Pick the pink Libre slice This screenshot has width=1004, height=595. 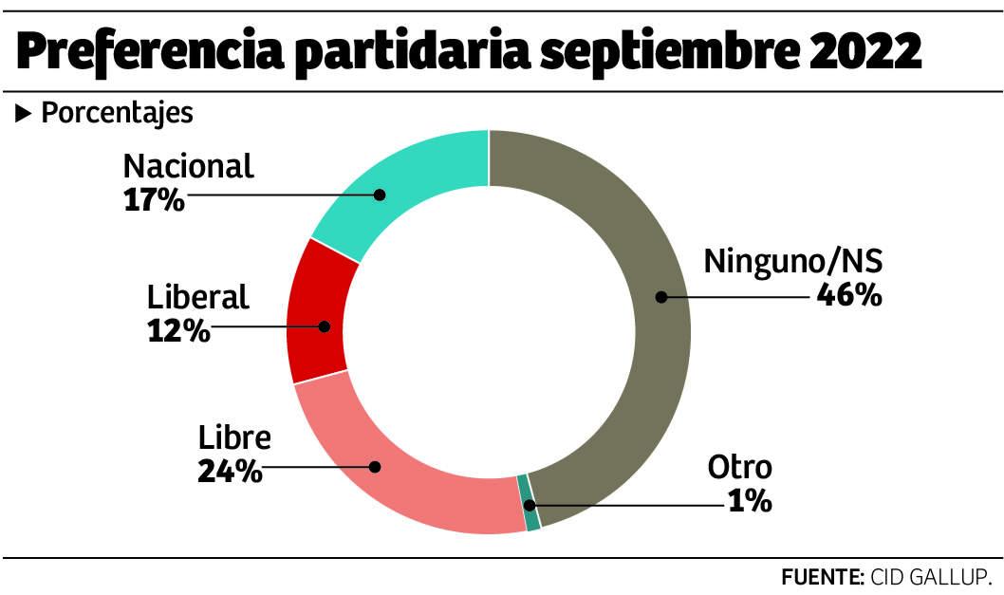(x=408, y=474)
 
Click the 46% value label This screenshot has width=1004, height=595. (x=849, y=295)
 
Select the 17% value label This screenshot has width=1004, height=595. (x=154, y=200)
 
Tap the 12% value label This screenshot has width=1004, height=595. (x=178, y=331)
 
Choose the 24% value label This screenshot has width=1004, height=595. (x=230, y=472)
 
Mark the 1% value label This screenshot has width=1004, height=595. (x=750, y=500)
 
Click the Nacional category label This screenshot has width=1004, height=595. (x=189, y=167)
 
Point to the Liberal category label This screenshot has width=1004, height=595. (x=198, y=297)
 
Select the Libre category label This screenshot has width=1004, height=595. (x=234, y=438)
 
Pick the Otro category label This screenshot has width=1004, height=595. (x=740, y=468)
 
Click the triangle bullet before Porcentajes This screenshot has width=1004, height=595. (x=24, y=114)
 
